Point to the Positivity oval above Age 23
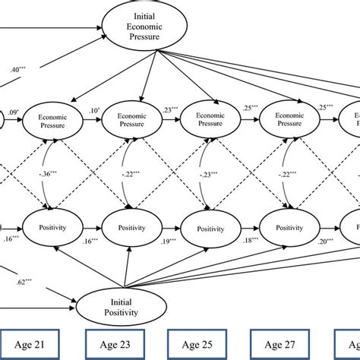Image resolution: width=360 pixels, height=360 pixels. tap(130, 227)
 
